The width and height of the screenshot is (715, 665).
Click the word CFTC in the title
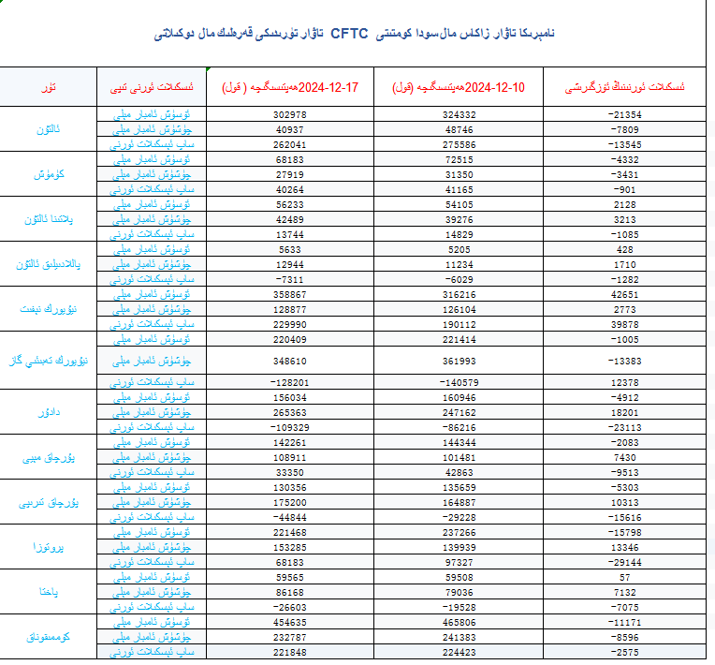coord(349,35)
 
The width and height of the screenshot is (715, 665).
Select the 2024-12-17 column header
coord(290,88)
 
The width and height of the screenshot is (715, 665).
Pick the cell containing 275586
coord(459,145)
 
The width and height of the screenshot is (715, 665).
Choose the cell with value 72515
coord(459,160)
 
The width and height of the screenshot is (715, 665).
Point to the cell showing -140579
coord(459,382)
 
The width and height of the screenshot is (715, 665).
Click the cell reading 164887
coord(459,502)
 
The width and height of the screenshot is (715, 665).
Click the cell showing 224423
coord(459,652)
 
